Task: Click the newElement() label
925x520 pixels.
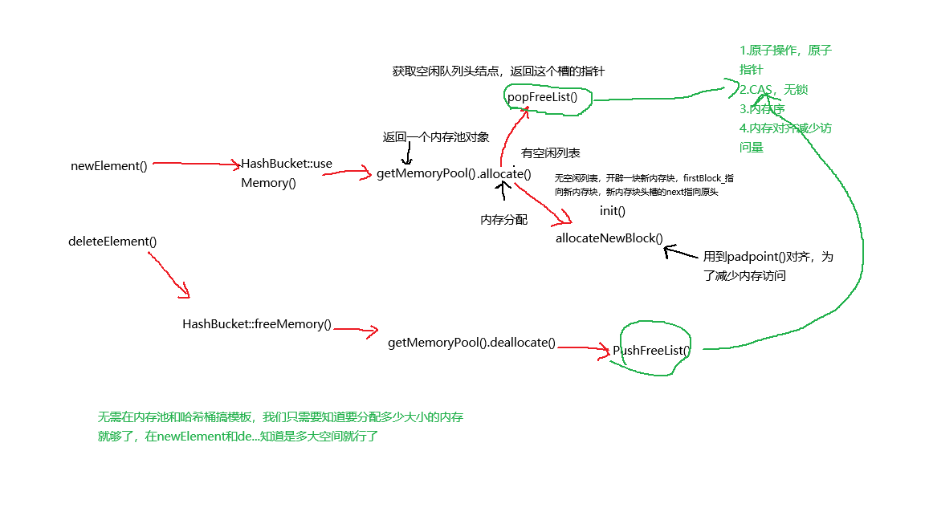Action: [109, 167]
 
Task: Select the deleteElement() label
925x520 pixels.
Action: [112, 242]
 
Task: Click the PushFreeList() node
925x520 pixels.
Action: [651, 350]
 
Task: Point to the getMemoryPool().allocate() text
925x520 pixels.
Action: [454, 173]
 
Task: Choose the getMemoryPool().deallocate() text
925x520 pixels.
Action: [471, 343]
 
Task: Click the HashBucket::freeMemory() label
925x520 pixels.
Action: [257, 324]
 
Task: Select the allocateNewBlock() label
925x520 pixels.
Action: [609, 238]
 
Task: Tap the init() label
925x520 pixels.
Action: [612, 211]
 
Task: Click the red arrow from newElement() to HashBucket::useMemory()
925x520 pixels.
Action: [195, 164]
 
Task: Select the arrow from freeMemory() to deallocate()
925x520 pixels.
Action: [355, 329]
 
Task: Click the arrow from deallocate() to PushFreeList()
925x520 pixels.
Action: [584, 347]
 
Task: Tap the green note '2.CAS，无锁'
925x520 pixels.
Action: [763, 89]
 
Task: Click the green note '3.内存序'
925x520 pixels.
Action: [762, 108]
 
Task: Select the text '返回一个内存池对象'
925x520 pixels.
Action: [436, 137]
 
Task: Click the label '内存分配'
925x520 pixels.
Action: [503, 220]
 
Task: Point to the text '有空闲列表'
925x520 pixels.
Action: [551, 153]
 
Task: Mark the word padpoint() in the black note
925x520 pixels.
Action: [752, 257]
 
